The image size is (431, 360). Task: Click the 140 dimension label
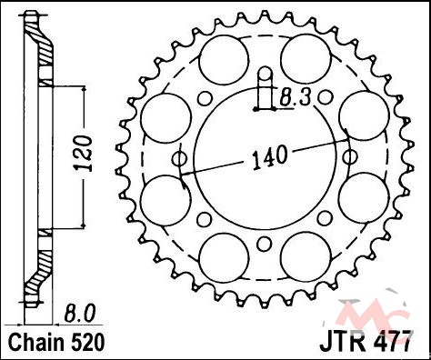tap(269, 157)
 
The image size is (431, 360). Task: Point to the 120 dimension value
tap(84, 154)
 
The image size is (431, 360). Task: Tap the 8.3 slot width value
tap(295, 97)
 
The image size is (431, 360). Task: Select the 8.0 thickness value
tap(79, 314)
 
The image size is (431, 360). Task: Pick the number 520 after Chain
tap(88, 342)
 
